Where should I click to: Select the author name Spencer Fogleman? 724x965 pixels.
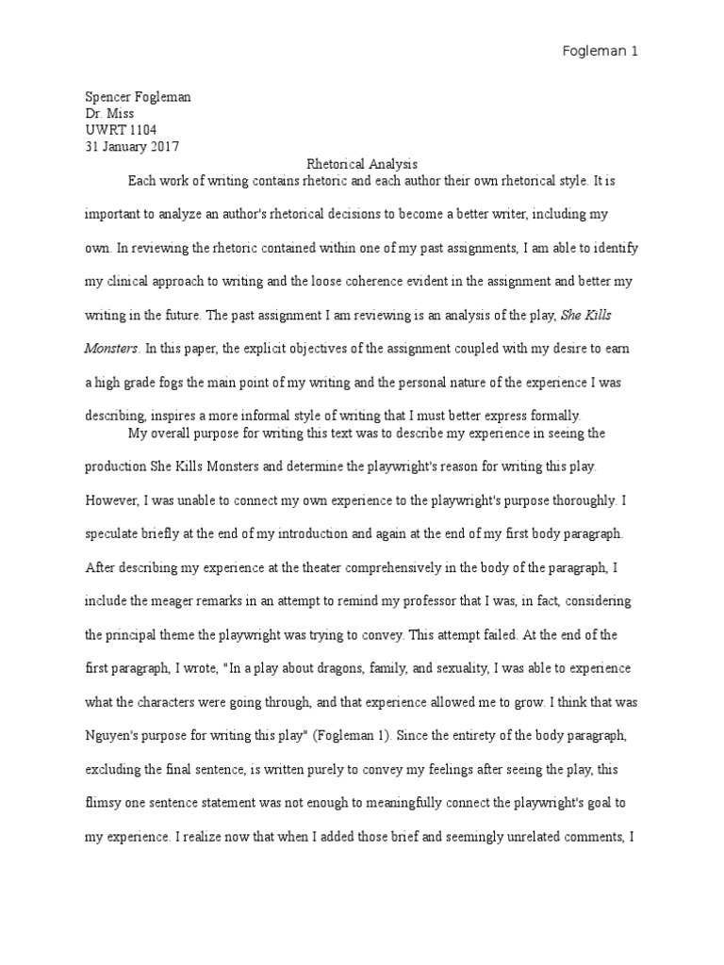[x=133, y=97]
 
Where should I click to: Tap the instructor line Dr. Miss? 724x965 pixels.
[x=109, y=113]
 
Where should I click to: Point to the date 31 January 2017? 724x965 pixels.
[x=132, y=146]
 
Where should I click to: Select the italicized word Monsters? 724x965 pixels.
[x=112, y=349]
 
